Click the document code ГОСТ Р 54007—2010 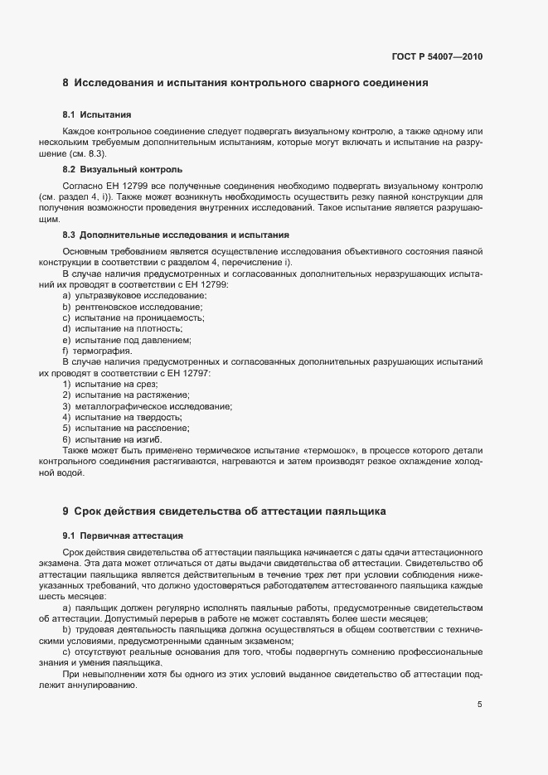436,57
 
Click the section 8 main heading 245,83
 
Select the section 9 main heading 223,511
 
